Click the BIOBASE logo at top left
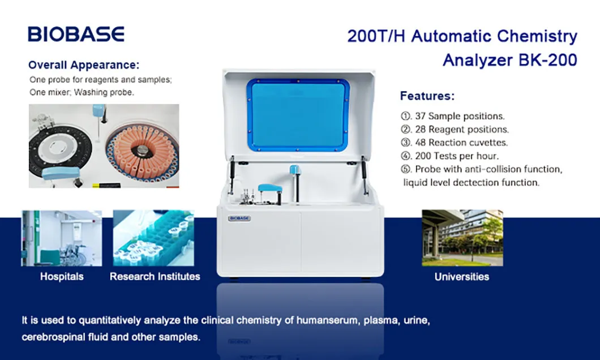76,34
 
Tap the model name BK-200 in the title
548,59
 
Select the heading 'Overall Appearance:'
84,65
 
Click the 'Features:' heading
427,96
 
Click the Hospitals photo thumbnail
62,238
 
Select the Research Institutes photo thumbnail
153,238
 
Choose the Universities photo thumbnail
462,238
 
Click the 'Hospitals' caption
62,277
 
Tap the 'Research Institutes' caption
155,277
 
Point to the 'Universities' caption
462,277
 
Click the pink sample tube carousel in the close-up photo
142,149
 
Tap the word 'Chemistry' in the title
537,37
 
